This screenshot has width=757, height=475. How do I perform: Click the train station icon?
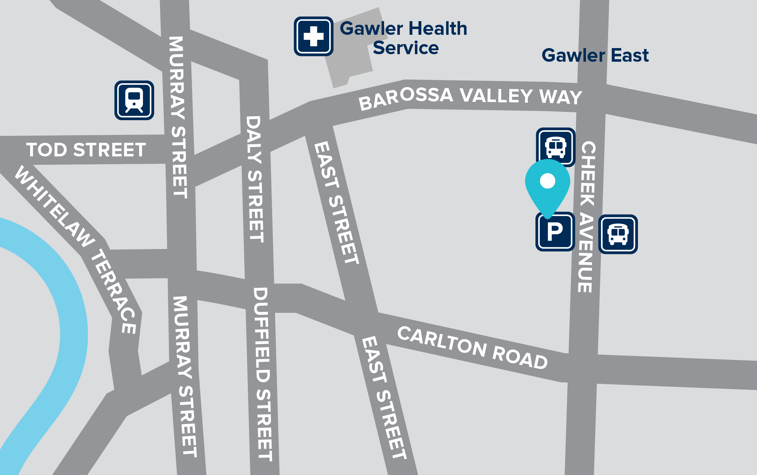pos(134,100)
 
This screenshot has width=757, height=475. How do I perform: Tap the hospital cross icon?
pos(313,36)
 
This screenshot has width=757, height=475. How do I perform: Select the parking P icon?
pos(555,232)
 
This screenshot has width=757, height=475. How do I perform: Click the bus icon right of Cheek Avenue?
pos(618,234)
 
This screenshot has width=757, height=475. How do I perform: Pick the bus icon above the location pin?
pos(555,146)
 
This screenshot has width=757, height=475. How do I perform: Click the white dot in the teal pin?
pos(548,181)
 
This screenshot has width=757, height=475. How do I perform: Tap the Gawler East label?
pos(595,55)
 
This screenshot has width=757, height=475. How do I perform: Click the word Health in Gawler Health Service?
pos(437,29)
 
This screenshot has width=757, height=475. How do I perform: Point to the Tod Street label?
pos(86,150)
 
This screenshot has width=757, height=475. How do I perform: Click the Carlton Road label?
pos(473,348)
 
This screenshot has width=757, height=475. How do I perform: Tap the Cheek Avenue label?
pos(587,217)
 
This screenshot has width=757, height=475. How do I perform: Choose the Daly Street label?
pos(255,179)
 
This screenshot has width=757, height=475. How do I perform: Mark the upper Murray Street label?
pos(178,117)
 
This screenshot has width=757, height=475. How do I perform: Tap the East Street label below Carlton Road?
pos(384,398)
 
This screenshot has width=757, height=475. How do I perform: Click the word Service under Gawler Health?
pos(406,48)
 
